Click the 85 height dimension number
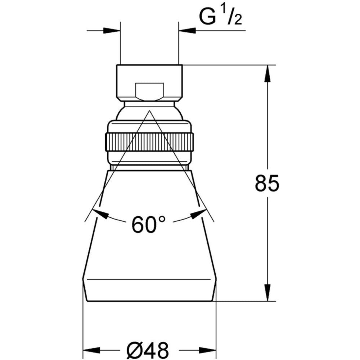click(x=267, y=183)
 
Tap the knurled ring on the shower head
click(x=149, y=142)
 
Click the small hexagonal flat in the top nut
click(x=149, y=91)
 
